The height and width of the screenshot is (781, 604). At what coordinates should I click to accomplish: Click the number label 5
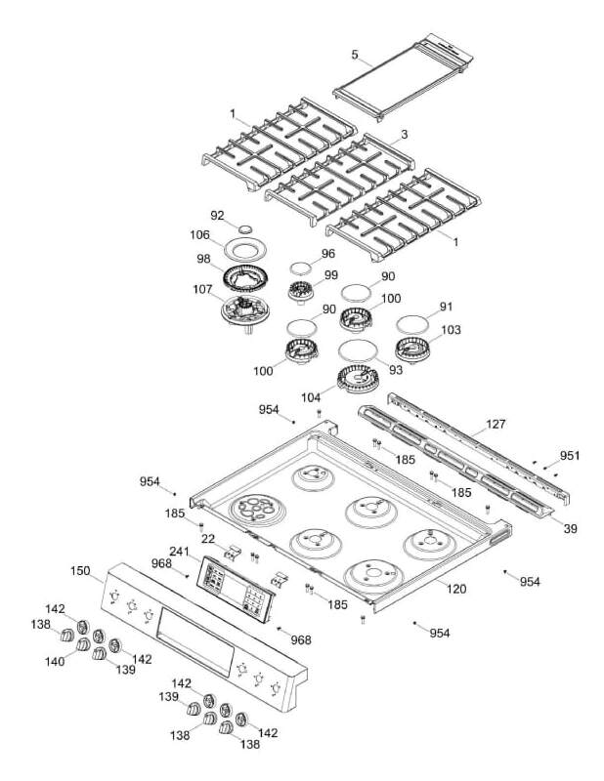pyautogui.click(x=355, y=56)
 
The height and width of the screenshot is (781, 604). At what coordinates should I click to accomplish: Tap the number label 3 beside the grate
pyautogui.click(x=404, y=134)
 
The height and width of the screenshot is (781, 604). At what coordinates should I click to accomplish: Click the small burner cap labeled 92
pyautogui.click(x=245, y=227)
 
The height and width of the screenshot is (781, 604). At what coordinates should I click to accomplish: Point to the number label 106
pyautogui.click(x=200, y=234)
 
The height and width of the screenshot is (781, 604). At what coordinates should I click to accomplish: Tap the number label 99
pyautogui.click(x=331, y=274)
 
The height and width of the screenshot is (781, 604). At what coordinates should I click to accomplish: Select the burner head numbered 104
pyautogui.click(x=358, y=381)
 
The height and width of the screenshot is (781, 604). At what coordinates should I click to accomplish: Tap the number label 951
pyautogui.click(x=570, y=456)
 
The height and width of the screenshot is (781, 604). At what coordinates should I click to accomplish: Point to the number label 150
pyautogui.click(x=80, y=569)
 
